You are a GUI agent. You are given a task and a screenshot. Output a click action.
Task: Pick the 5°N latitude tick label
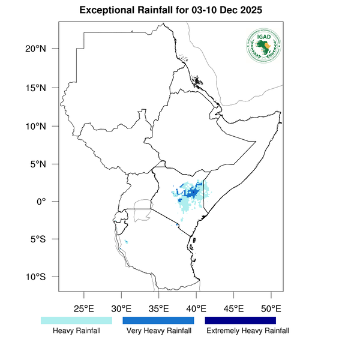[x=46, y=164]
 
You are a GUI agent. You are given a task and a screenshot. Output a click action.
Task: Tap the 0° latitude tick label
[x=49, y=202]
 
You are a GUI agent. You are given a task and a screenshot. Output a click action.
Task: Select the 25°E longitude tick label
[x=83, y=308]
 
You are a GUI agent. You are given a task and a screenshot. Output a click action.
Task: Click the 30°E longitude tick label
[x=121, y=308]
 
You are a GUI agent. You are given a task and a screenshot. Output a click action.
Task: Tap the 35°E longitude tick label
[x=158, y=308]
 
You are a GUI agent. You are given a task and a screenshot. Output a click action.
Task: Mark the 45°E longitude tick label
[x=233, y=308]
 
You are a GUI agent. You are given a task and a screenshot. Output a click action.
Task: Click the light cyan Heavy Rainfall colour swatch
[x=76, y=320]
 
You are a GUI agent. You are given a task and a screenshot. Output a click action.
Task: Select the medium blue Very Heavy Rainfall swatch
[x=158, y=320]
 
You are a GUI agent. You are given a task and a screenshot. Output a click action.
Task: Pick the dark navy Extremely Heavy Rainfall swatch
[x=241, y=320]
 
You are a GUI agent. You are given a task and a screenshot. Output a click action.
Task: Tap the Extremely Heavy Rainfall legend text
[x=247, y=331]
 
